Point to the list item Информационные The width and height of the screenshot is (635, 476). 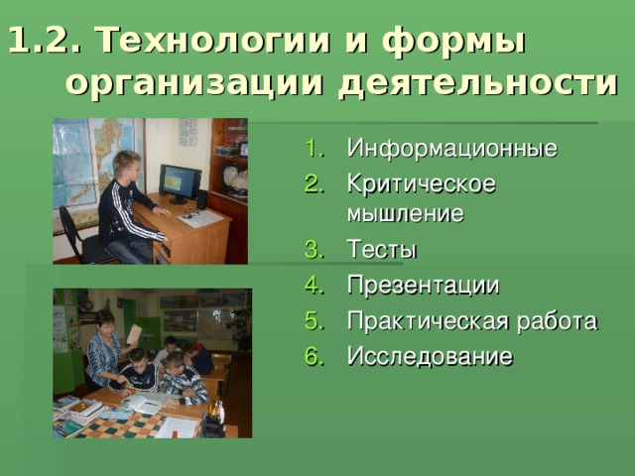[x=451, y=149]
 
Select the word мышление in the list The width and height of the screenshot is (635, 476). [x=405, y=213]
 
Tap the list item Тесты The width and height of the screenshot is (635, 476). [x=382, y=249]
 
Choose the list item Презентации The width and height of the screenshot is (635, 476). [x=423, y=286]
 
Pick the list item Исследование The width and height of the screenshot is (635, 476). [x=430, y=356]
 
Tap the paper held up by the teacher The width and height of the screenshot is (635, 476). [x=132, y=333]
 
